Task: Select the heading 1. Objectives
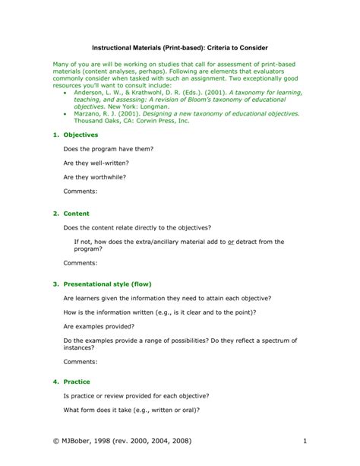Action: pyautogui.click(x=76, y=135)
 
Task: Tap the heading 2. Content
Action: pyautogui.click(x=71, y=214)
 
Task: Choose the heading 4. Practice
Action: pyautogui.click(x=72, y=382)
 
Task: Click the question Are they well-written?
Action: pyautogui.click(x=96, y=163)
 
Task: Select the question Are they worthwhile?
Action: pyautogui.click(x=95, y=176)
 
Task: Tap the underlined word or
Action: pyautogui.click(x=231, y=242)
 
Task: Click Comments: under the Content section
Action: pyautogui.click(x=80, y=262)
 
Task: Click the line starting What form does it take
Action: pyautogui.click(x=131, y=410)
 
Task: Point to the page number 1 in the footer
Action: pyautogui.click(x=304, y=442)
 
